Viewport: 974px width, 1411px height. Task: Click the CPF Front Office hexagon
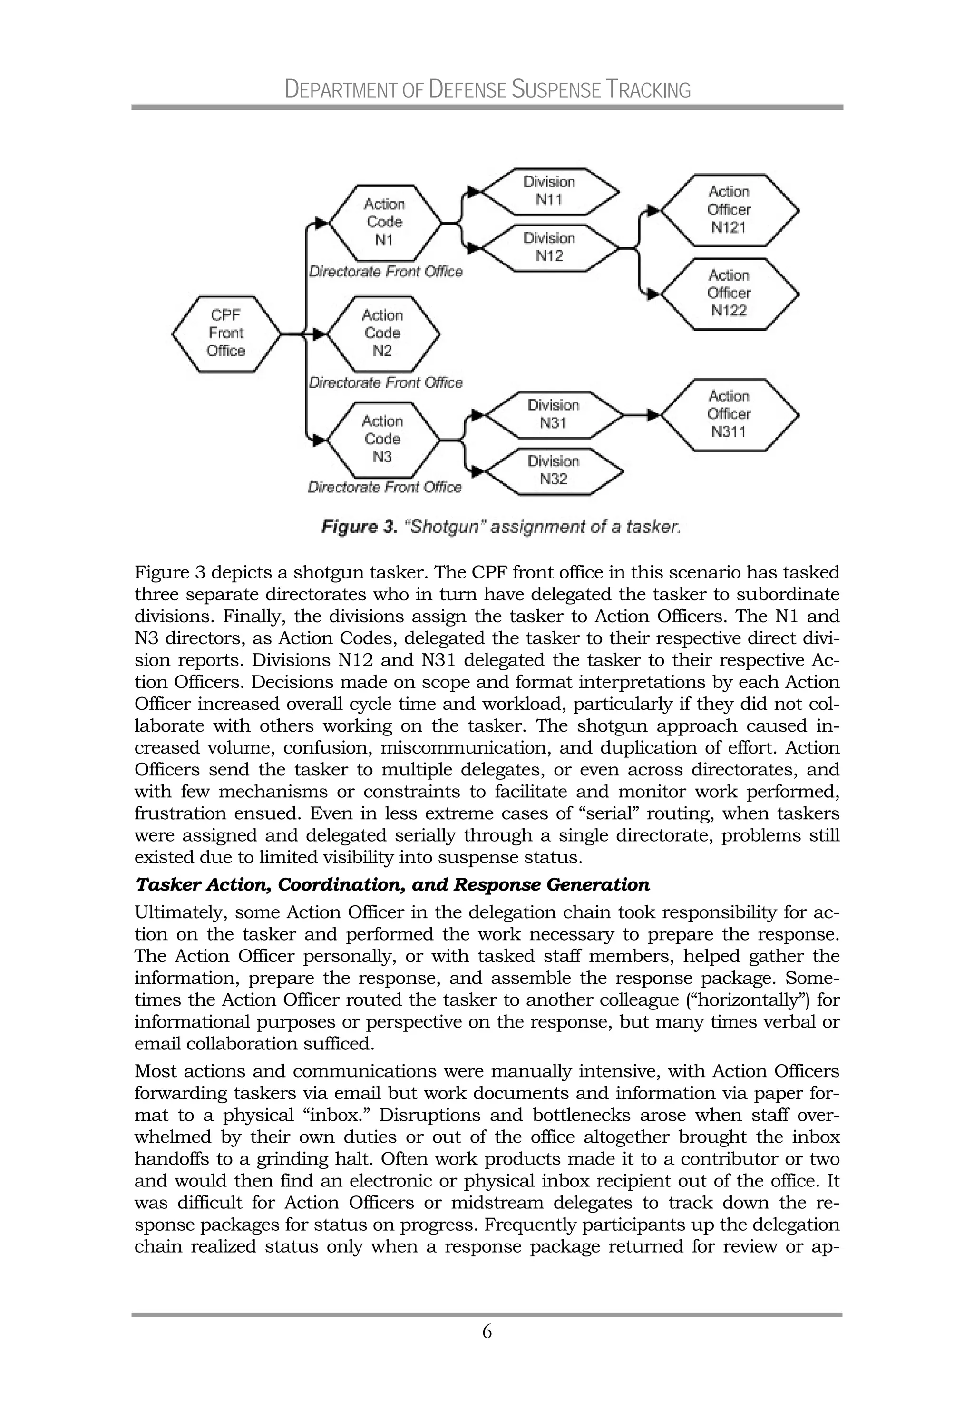[226, 334]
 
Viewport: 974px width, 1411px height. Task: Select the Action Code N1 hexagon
[384, 223]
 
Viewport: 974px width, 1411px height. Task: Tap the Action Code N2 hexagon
[383, 334]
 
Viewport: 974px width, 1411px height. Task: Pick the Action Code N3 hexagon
[383, 440]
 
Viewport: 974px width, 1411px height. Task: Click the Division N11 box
[549, 192]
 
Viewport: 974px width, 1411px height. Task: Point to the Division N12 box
[549, 247]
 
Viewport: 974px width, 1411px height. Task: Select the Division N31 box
[554, 415]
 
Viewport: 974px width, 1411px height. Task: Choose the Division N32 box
[554, 470]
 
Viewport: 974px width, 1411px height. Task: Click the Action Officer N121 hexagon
[729, 210]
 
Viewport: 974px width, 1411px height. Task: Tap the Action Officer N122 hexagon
[729, 294]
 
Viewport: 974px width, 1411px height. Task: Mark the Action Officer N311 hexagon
[729, 414]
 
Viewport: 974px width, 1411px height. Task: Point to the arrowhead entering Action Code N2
[320, 334]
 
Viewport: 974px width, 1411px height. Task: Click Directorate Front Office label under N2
[385, 382]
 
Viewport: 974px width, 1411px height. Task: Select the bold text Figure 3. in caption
[360, 527]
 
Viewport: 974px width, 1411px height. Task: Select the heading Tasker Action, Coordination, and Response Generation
[392, 884]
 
